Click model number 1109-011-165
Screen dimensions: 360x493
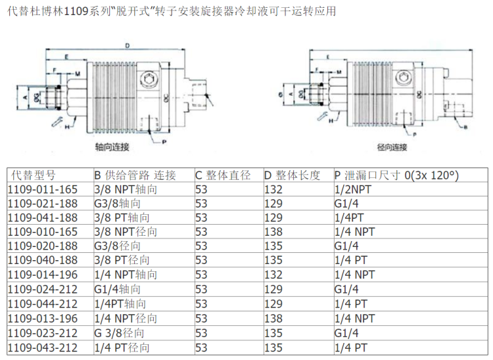pos(43,189)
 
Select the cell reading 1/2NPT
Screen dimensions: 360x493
pos(353,189)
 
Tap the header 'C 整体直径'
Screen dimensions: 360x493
pos(223,175)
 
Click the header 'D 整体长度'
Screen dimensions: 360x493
pos(293,175)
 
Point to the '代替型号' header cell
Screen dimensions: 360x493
pos(34,175)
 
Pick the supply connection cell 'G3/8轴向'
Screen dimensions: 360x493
pos(118,203)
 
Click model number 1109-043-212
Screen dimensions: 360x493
pos(43,348)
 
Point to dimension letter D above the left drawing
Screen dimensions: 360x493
pos(127,45)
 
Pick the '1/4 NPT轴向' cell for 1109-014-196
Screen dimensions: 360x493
pos(126,275)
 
